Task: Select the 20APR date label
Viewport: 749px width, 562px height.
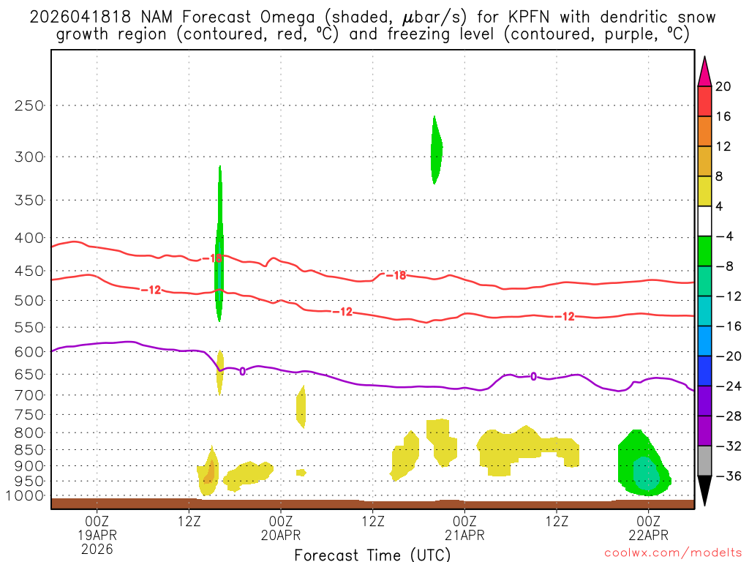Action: (282, 534)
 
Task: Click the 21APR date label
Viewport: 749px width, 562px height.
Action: (464, 534)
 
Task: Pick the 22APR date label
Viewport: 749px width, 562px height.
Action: (648, 534)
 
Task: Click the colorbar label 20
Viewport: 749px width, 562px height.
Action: (723, 86)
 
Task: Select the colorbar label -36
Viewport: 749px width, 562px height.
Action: (723, 476)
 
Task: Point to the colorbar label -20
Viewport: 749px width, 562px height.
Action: (723, 356)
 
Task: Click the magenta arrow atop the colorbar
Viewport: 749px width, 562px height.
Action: (704, 72)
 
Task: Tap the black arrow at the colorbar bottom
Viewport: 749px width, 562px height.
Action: (704, 491)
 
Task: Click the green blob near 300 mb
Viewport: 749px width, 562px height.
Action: (435, 150)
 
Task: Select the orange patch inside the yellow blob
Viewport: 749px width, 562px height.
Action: (209, 472)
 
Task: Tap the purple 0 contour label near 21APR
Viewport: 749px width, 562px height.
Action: (533, 376)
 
